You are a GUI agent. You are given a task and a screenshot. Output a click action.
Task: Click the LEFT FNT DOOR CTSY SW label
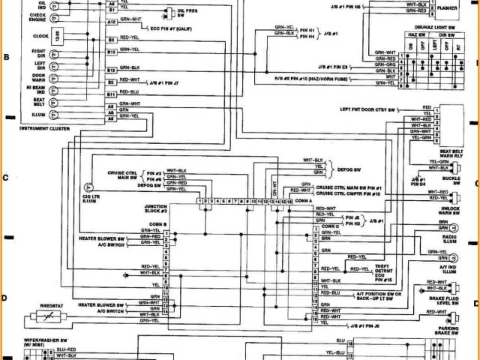377,109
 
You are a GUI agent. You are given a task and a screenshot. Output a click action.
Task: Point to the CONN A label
304,200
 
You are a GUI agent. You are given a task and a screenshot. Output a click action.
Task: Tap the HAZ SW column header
415,35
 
